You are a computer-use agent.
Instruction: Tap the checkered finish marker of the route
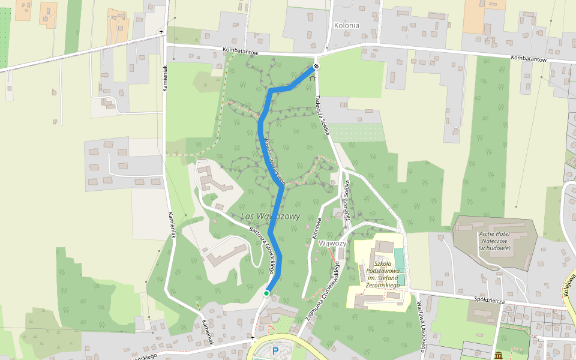click(x=316, y=67)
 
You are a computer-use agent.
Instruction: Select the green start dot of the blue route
click(x=266, y=293)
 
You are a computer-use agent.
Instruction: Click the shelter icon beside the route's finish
click(x=312, y=78)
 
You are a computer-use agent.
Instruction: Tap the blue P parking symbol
click(x=275, y=351)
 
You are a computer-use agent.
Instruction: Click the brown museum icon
click(x=499, y=355)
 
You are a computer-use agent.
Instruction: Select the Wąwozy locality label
click(x=332, y=243)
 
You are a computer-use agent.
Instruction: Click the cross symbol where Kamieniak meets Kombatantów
click(x=161, y=32)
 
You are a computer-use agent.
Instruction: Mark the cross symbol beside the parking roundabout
click(x=253, y=339)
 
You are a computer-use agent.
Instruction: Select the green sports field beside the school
click(x=399, y=258)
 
